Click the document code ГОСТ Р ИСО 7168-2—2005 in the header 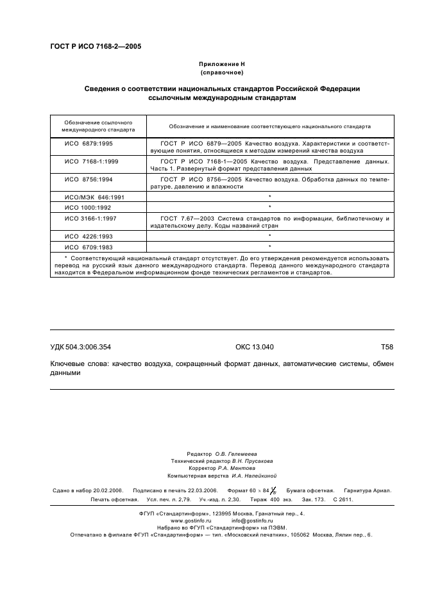(x=96, y=47)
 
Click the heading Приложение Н (x=222, y=64)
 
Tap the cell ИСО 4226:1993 (x=88, y=237)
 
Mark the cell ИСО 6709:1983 (x=88, y=246)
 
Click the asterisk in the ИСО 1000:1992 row (x=270, y=207)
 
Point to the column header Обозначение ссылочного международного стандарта (x=98, y=125)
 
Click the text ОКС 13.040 (x=255, y=347)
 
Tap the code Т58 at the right (x=387, y=347)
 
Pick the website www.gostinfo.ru (x=190, y=521)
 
